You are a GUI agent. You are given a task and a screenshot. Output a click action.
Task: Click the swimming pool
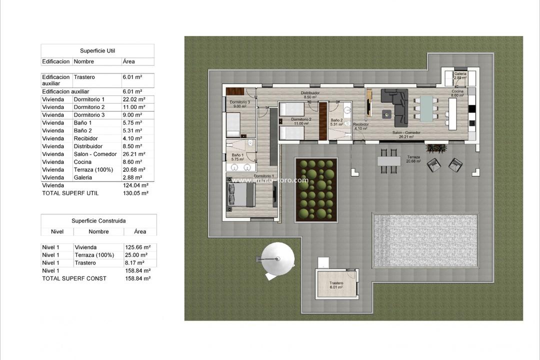point(424,240)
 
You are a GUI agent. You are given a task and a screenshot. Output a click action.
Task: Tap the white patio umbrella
point(277,259)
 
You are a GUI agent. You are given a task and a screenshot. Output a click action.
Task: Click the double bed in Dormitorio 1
point(241,194)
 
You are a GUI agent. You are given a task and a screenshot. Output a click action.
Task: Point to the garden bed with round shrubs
point(316,189)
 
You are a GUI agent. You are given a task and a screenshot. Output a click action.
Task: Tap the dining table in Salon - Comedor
point(426,108)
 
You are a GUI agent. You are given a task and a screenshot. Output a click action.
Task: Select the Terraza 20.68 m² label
point(413,159)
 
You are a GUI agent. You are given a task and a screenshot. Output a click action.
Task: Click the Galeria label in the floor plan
point(460,75)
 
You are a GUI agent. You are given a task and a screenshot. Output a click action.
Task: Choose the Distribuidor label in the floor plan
point(310,95)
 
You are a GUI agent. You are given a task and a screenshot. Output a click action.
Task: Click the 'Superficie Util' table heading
point(97,51)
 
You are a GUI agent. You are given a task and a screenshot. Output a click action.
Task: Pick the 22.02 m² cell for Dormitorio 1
point(134,99)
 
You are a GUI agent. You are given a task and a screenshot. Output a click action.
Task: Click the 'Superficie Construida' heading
point(98,220)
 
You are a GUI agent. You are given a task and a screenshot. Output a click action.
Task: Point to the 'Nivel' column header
point(57,232)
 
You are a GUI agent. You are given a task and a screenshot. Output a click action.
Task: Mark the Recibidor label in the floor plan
point(360,125)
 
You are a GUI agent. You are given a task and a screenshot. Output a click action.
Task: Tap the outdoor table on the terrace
point(389,161)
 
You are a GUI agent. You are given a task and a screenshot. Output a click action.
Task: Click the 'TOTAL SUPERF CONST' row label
point(74,278)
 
